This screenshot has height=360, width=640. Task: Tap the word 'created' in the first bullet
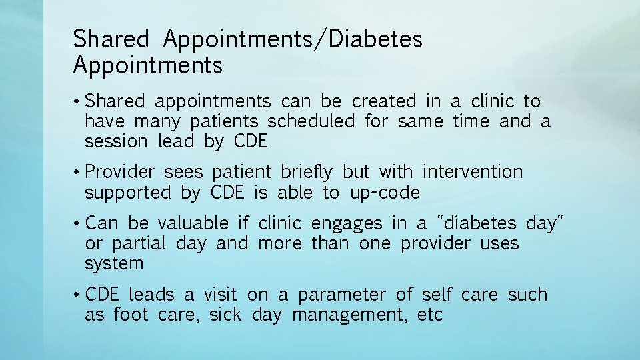point(383,102)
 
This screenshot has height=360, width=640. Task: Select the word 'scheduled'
point(311,122)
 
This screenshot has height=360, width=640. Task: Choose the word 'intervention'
point(473,173)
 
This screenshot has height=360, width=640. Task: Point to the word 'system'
point(114,264)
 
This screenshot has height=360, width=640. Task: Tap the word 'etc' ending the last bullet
point(430,315)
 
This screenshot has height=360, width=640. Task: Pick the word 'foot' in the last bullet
point(131,315)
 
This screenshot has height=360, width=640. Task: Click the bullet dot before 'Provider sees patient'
point(77,173)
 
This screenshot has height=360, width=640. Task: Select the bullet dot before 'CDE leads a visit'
point(77,295)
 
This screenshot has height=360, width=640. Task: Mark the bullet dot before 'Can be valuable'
point(77,223)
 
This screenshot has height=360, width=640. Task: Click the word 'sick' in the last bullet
point(225,315)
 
